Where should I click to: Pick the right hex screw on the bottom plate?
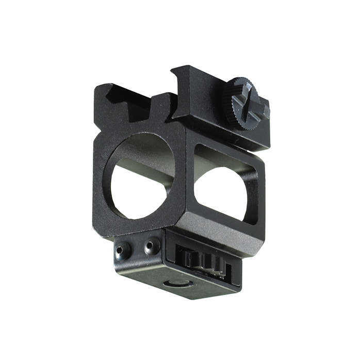(149, 247)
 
